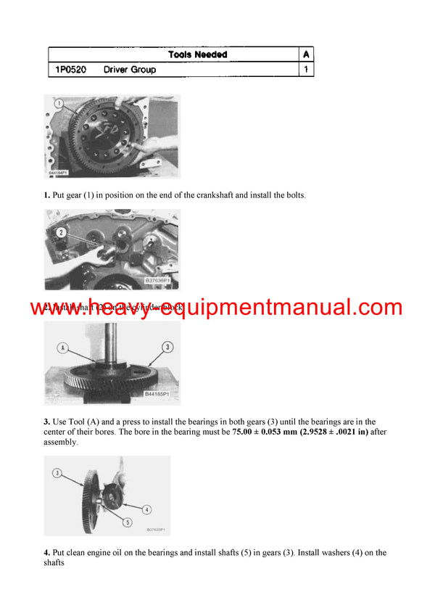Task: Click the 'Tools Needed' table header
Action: pyautogui.click(x=197, y=54)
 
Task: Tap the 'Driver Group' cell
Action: pyautogui.click(x=130, y=70)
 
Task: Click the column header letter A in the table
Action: pyautogui.click(x=307, y=54)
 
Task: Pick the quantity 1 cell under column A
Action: pyautogui.click(x=307, y=70)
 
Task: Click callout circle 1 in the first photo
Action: pyautogui.click(x=57, y=104)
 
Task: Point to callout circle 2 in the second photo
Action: pyautogui.click(x=62, y=233)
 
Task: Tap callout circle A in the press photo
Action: pyautogui.click(x=62, y=348)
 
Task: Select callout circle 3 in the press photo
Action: pyautogui.click(x=167, y=348)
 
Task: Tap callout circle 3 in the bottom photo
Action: pyautogui.click(x=57, y=473)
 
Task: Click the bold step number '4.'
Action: pyautogui.click(x=46, y=553)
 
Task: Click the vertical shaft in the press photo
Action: pyautogui.click(x=115, y=341)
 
